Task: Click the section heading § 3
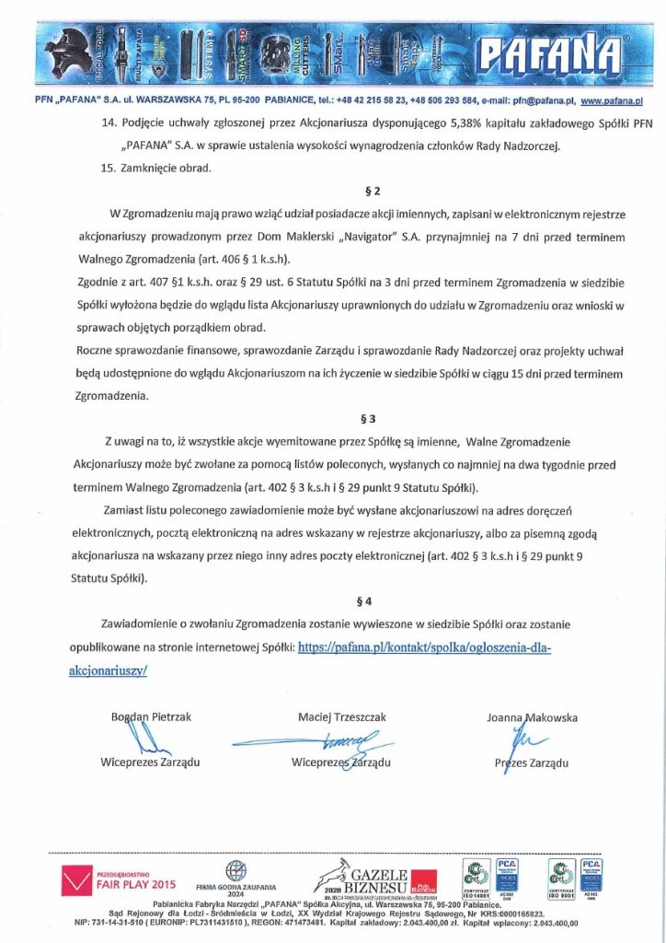tap(368, 417)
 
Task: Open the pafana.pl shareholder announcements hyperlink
tap(423, 648)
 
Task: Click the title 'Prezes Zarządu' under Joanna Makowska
tap(531, 763)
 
